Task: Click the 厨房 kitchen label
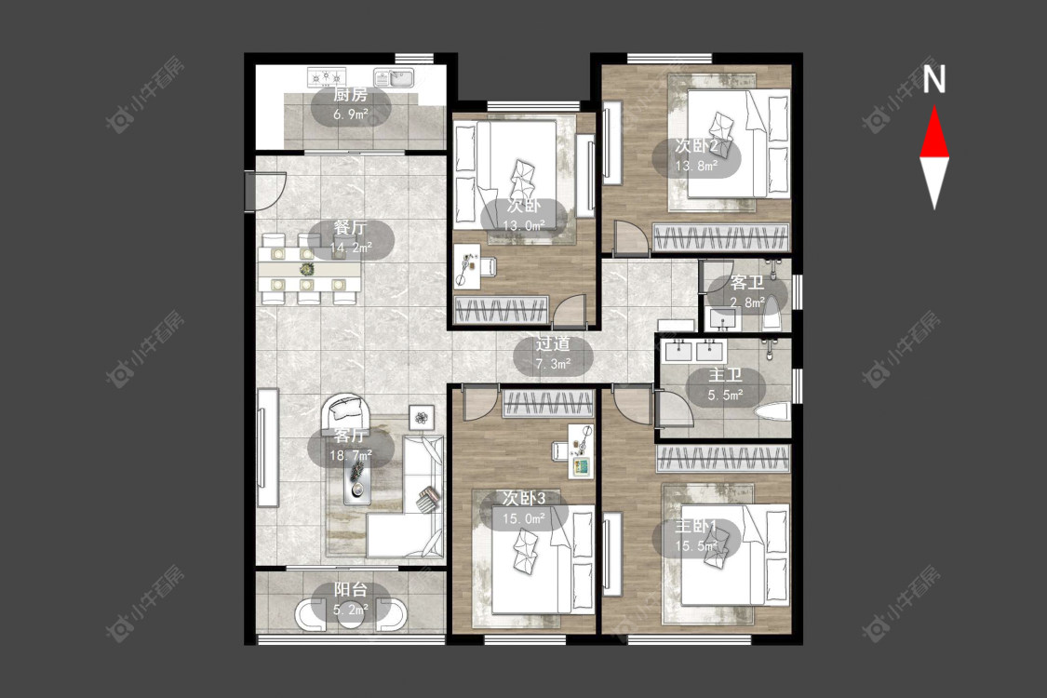pyautogui.click(x=350, y=96)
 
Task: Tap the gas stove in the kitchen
pyautogui.click(x=328, y=77)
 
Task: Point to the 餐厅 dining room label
pyautogui.click(x=351, y=228)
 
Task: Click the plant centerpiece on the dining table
pyautogui.click(x=306, y=270)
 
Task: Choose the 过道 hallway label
pyautogui.click(x=553, y=344)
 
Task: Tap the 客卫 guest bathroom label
pyautogui.click(x=746, y=283)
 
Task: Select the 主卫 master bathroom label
pyautogui.click(x=725, y=375)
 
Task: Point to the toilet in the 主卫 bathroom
pyautogui.click(x=772, y=412)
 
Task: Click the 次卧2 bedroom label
pyautogui.click(x=696, y=145)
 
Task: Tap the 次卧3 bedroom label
pyautogui.click(x=523, y=498)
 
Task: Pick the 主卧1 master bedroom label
pyautogui.click(x=695, y=527)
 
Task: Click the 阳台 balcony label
pyautogui.click(x=351, y=590)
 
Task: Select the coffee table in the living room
pyautogui.click(x=358, y=479)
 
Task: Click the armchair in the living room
pyautogui.click(x=345, y=413)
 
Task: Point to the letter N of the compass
pyautogui.click(x=934, y=79)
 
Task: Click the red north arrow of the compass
pyautogui.click(x=934, y=132)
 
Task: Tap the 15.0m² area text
pyautogui.click(x=524, y=517)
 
